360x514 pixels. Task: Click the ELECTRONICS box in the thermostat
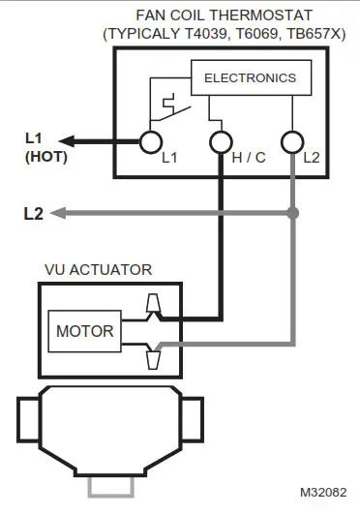click(x=250, y=78)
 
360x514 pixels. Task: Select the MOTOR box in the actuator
click(x=84, y=331)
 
